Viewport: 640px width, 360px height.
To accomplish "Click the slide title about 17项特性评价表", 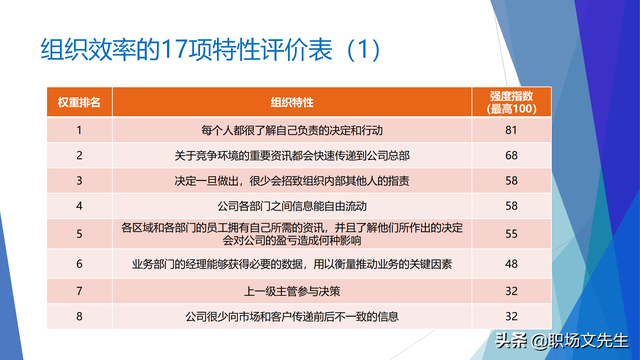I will [210, 50].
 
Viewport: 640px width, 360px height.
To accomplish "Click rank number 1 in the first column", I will [79, 130].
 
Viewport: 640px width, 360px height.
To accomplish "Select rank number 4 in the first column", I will [79, 205].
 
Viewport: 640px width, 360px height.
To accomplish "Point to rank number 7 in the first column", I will [79, 292].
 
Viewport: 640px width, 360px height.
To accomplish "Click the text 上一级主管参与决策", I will [292, 292].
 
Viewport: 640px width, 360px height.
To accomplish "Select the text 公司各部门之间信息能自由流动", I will [292, 205].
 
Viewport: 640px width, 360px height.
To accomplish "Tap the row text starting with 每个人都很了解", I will [292, 130].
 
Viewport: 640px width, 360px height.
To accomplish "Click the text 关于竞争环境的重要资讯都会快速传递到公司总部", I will [292, 155].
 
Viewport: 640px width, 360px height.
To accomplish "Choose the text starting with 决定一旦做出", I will [292, 180].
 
